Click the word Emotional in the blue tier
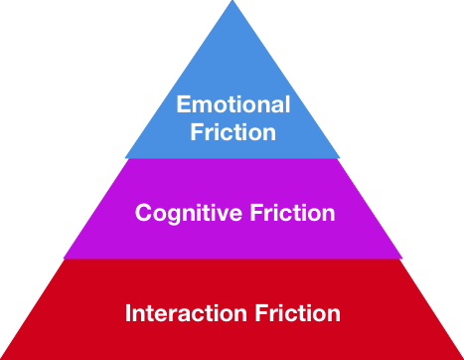(232, 104)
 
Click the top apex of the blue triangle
(232, 2)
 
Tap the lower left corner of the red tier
(3, 357)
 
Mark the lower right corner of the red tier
(461, 357)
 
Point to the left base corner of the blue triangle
(126, 157)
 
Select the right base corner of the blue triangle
(339, 157)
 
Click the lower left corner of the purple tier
(64, 258)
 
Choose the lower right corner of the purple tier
(401, 258)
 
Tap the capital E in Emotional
(183, 104)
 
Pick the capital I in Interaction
(128, 313)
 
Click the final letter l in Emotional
(287, 104)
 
